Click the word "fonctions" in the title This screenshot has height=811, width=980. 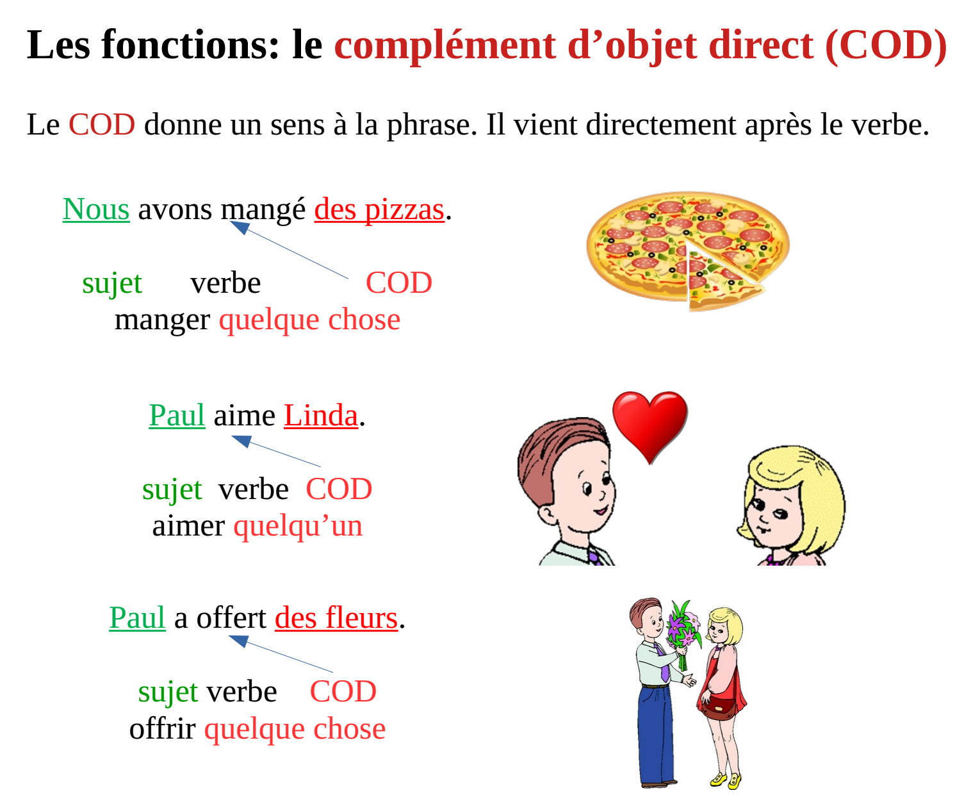point(191,45)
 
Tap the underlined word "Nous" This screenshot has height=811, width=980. point(96,209)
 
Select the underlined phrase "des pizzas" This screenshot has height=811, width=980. point(379,210)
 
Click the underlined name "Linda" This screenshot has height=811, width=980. point(321,416)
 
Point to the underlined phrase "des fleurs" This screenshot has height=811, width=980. point(336,618)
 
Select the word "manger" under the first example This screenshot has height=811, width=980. point(163,321)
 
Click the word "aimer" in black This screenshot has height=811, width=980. point(189,526)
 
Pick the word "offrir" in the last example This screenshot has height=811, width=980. point(163,729)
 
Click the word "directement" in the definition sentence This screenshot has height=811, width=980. point(661,125)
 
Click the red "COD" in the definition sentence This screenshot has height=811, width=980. point(102,125)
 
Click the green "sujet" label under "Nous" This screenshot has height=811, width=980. point(111,284)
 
